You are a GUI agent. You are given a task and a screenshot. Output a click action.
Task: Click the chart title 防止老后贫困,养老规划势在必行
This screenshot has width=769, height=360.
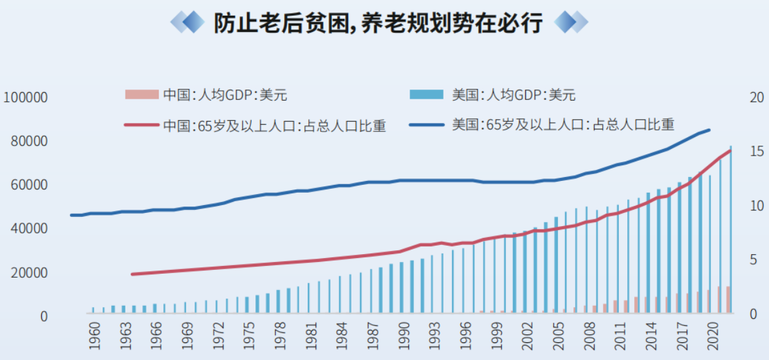coord(378,23)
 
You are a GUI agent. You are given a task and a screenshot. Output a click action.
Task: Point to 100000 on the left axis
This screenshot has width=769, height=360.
coord(26,97)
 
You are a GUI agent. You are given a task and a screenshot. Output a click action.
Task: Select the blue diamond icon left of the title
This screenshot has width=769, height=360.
coord(189,23)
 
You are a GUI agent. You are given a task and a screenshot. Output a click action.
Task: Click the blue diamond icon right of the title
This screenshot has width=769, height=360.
coord(570,23)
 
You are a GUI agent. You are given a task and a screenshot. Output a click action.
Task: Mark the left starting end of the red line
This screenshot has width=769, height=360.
coord(132,274)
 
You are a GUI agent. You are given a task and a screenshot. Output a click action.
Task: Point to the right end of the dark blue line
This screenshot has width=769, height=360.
coord(709,130)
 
